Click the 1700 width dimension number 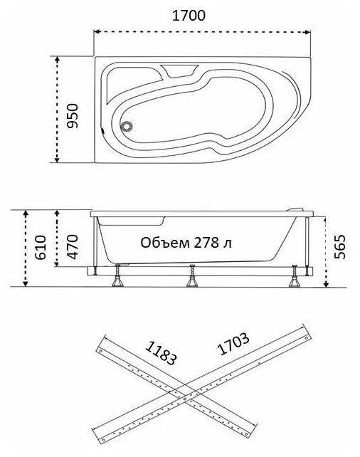point(189,15)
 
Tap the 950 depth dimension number point(73,116)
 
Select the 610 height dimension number point(40,248)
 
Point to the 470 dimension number point(73,246)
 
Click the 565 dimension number point(339,246)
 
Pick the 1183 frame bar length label point(161,352)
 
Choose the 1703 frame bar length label point(233,344)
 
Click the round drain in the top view point(127,126)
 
